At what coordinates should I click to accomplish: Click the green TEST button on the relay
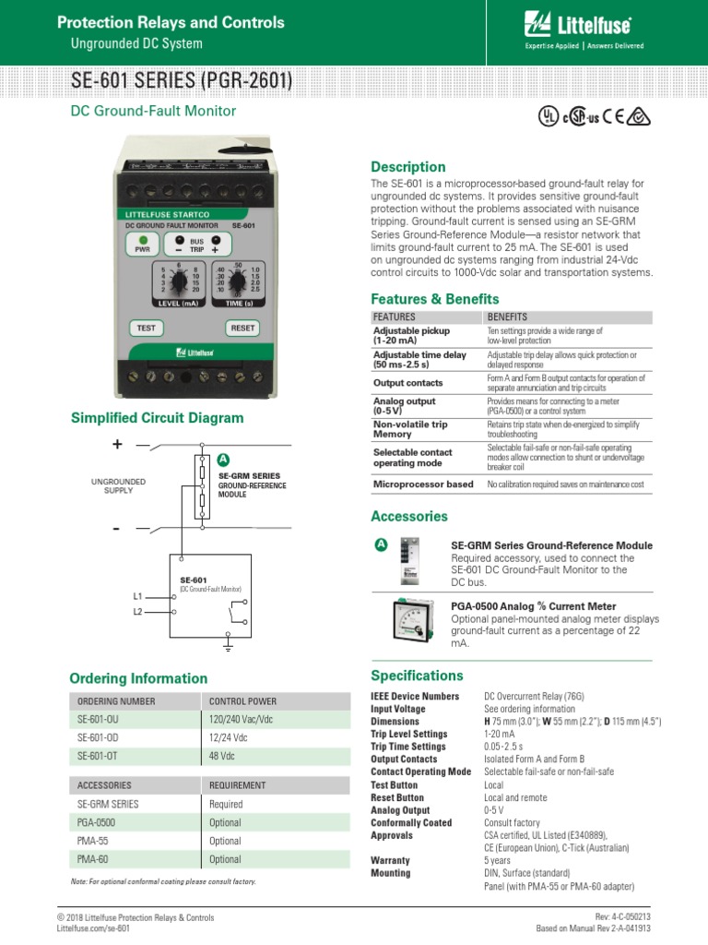146,328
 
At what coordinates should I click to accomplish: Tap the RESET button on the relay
242,328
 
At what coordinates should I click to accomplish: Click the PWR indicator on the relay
142,244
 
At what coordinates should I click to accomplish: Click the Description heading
407,167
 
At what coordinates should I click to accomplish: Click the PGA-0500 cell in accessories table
97,822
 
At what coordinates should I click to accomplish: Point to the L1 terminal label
138,597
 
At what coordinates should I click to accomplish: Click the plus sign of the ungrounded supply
117,445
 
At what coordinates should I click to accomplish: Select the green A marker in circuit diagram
222,461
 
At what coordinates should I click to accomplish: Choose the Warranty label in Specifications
390,860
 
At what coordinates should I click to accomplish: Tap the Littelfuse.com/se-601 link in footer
93,929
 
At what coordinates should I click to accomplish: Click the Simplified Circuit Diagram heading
158,418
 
